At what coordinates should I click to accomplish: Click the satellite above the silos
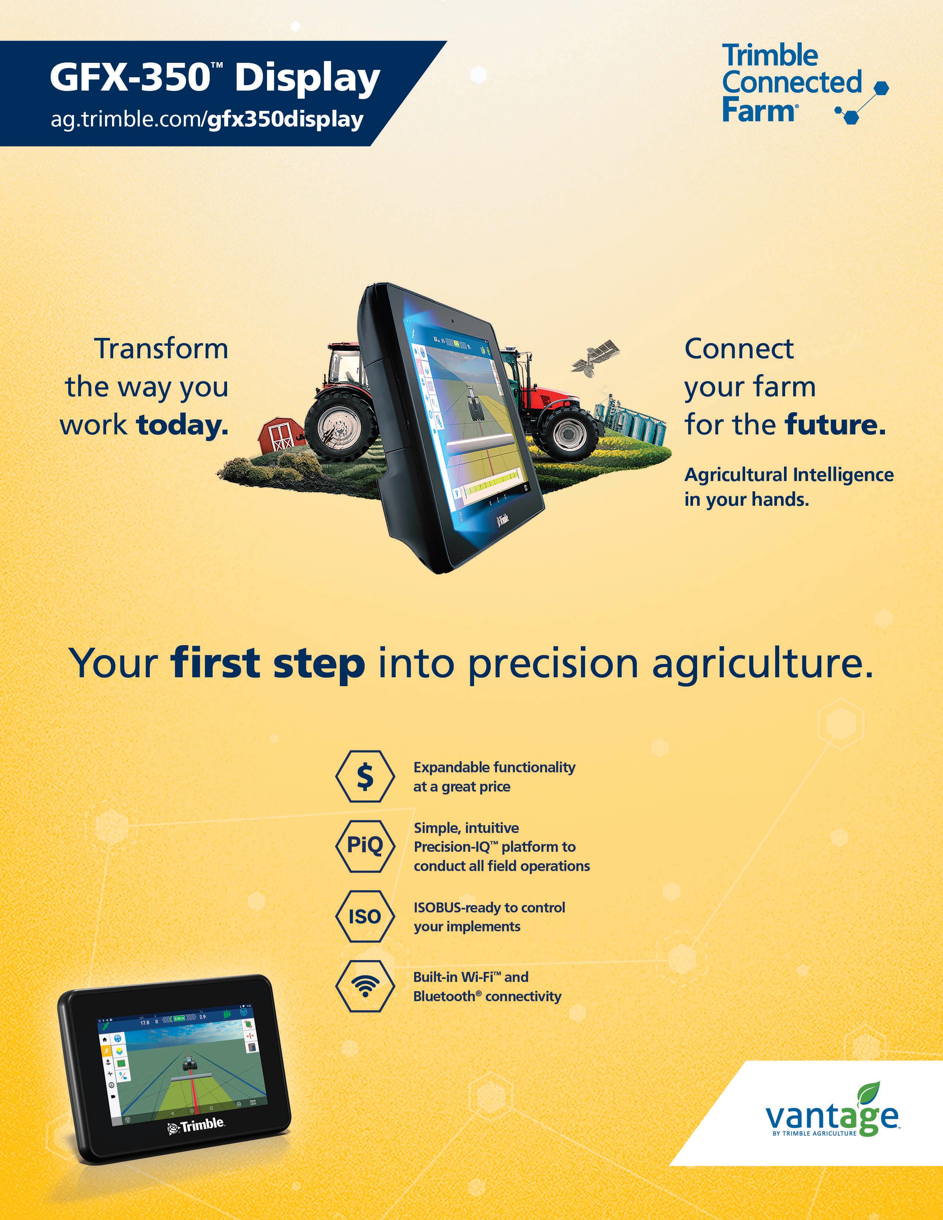595,356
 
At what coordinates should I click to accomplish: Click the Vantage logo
832,1112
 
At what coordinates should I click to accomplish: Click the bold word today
183,425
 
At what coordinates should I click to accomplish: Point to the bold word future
835,425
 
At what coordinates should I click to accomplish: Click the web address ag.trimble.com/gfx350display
207,119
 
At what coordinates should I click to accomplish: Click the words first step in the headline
268,664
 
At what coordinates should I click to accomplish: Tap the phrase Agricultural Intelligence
789,475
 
